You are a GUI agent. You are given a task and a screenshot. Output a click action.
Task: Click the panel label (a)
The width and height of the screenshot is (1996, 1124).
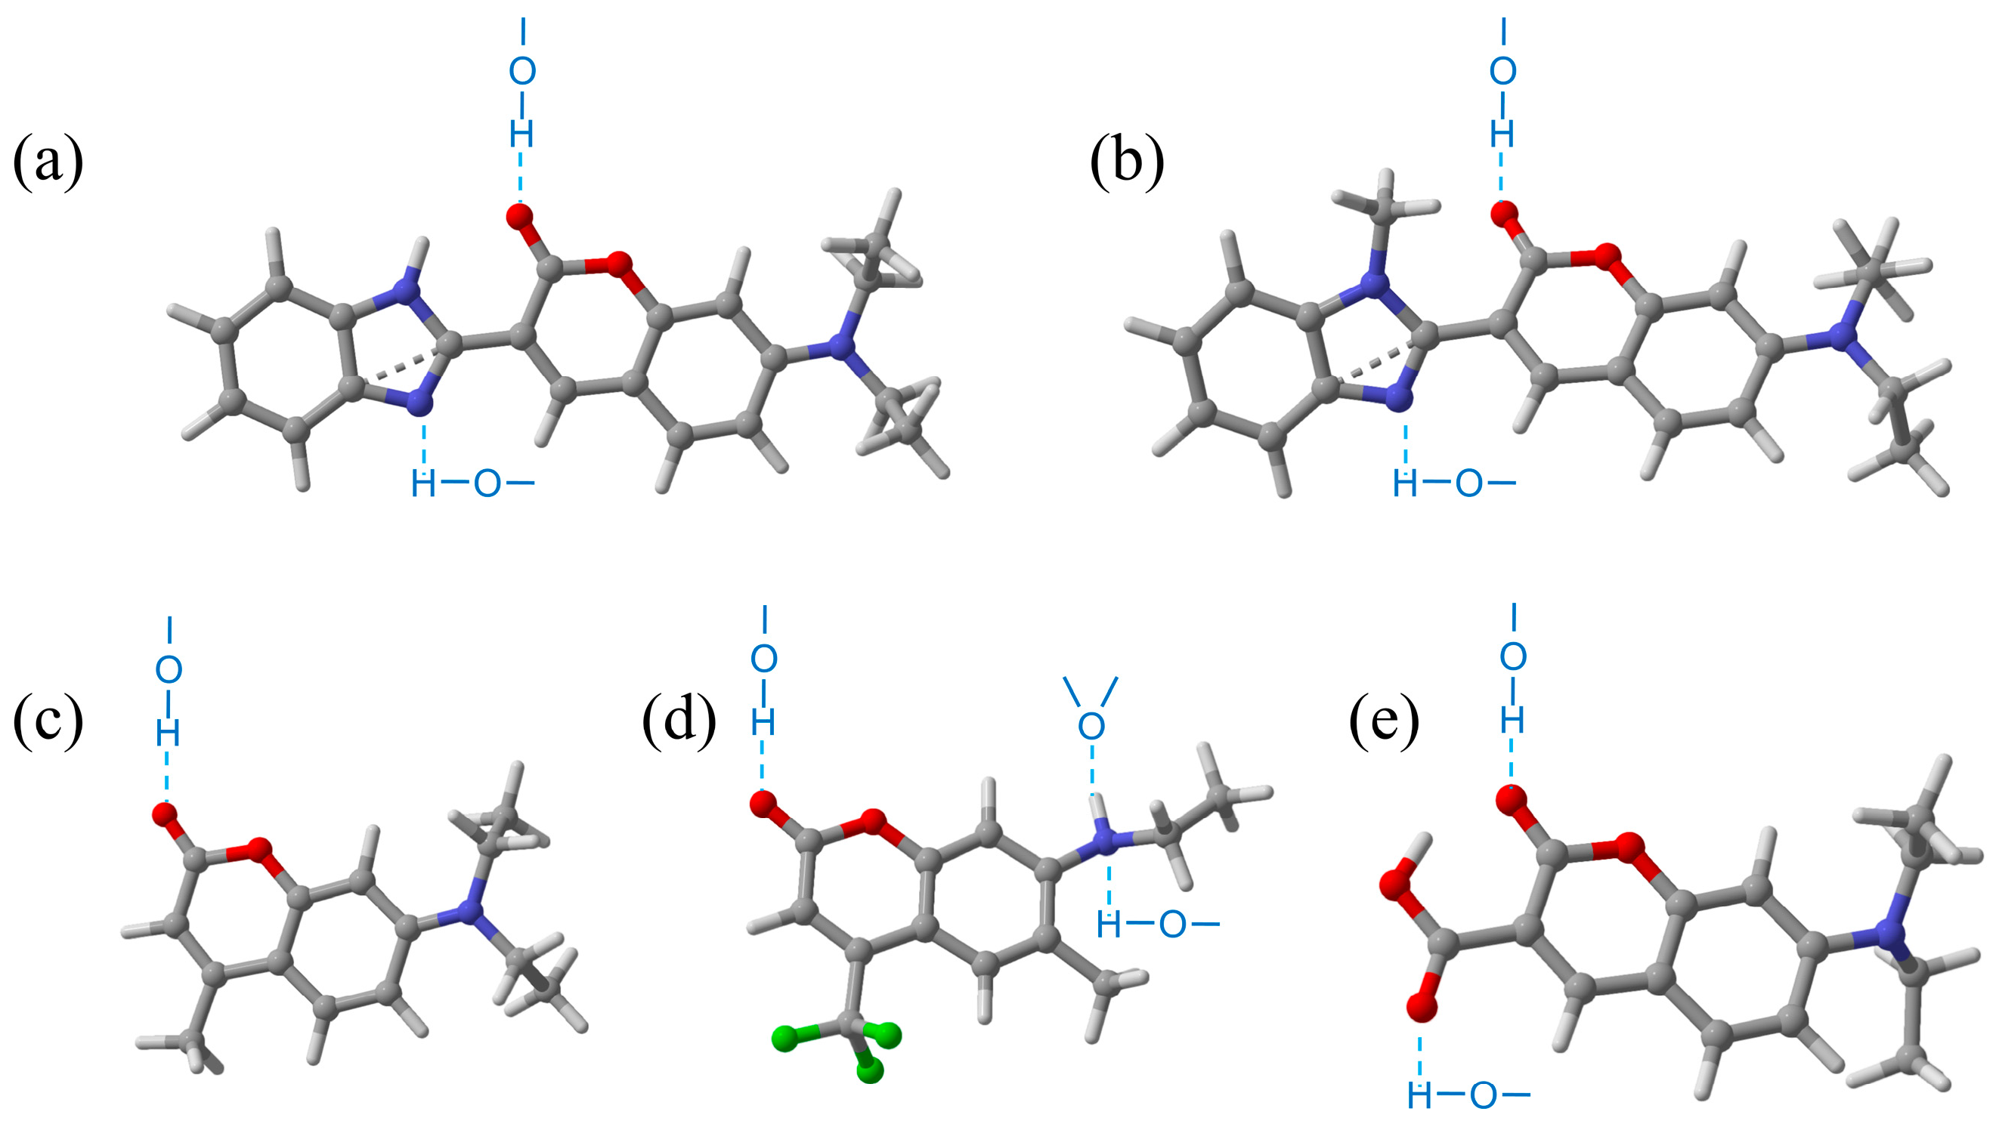coord(48,162)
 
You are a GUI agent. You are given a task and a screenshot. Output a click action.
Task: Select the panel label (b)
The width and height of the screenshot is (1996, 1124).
coord(1127,162)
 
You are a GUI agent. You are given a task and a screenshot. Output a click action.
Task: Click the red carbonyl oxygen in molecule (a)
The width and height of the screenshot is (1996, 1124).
coord(521,216)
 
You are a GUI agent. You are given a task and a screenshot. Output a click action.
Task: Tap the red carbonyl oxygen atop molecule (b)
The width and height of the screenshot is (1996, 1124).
coord(1503,213)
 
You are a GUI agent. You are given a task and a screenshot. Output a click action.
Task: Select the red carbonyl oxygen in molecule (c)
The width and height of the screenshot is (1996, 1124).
coord(165,814)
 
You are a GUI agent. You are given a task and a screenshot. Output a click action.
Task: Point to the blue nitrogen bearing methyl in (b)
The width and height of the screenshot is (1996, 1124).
coord(1376,284)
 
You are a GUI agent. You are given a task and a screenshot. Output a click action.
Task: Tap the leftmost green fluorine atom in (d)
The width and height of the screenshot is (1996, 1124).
coord(785,1037)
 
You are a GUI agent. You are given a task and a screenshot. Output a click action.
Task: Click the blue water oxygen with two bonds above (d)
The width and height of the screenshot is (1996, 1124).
coord(1091,726)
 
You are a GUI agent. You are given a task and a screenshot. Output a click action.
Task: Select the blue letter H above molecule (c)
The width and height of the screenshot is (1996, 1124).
coord(168,732)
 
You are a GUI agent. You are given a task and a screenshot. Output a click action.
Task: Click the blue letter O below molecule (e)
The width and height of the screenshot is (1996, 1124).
coord(1482,1095)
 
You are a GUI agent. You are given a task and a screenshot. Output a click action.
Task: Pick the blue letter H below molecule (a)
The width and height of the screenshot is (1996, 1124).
coord(423,484)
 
